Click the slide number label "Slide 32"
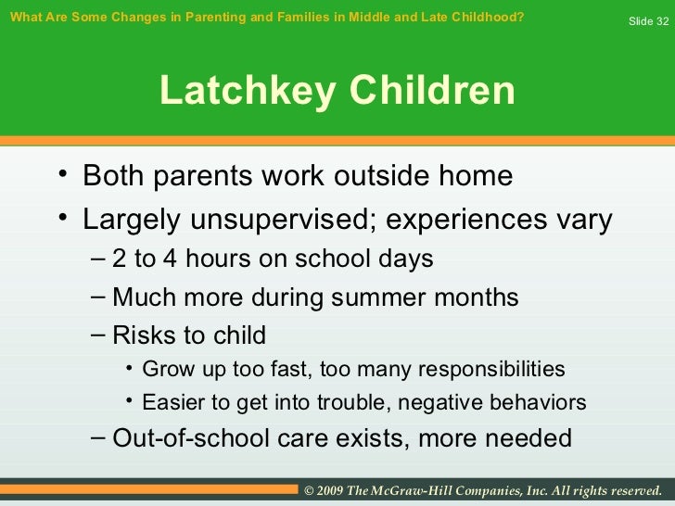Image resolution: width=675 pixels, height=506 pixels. click(x=648, y=20)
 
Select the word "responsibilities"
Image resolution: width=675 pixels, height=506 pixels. click(x=492, y=369)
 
